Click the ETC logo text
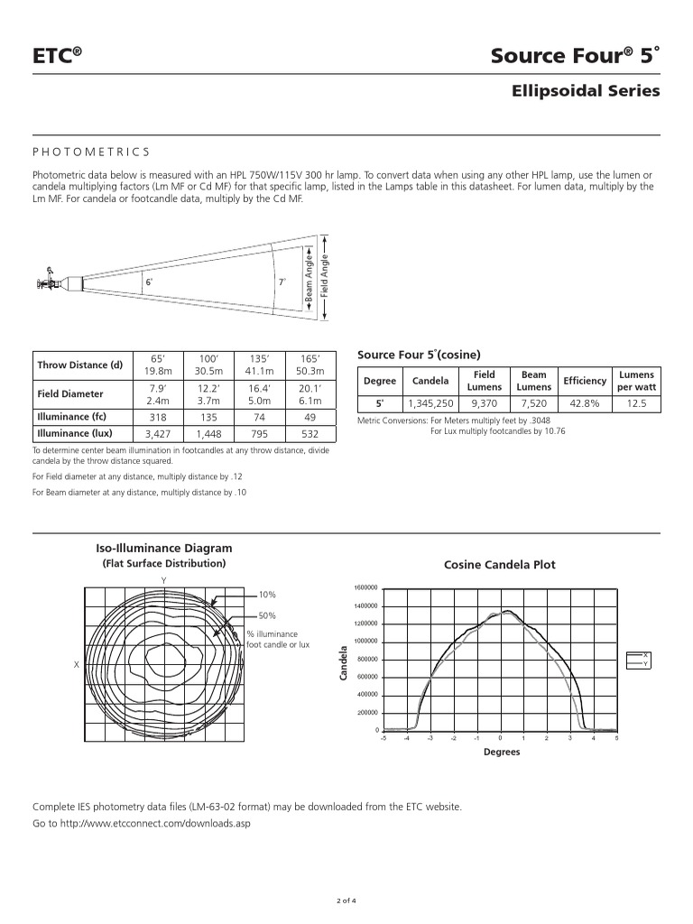click(57, 57)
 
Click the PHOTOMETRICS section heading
click(90, 152)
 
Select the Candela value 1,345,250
click(430, 403)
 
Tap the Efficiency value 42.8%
click(584, 403)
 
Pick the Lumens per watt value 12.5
click(637, 403)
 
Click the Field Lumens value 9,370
click(484, 403)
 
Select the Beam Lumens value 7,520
click(533, 403)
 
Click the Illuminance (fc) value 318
click(158, 417)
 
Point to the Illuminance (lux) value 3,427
click(158, 433)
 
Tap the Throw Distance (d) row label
click(79, 365)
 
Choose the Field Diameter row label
click(70, 393)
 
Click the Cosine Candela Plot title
click(500, 565)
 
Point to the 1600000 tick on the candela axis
click(365, 588)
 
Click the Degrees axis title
click(501, 752)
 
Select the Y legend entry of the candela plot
click(645, 663)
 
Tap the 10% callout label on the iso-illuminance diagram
click(267, 595)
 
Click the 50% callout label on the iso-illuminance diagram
click(267, 615)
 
